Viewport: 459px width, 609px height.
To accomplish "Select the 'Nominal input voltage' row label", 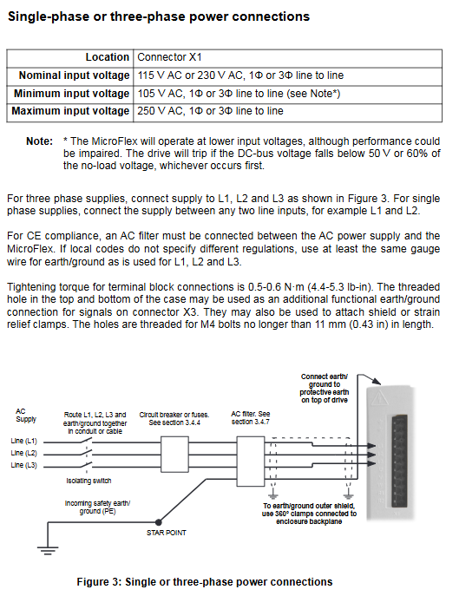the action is coord(74,75).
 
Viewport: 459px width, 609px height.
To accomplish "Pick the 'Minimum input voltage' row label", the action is coord(71,94).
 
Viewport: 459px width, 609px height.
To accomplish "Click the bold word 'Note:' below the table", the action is coord(39,141).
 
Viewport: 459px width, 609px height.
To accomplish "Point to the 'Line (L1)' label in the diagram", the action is coord(23,442).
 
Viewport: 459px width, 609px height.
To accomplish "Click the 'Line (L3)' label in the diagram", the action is coord(23,465).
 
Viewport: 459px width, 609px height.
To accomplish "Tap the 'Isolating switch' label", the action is coord(89,481).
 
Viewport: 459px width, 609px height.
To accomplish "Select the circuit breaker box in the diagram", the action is coord(174,454).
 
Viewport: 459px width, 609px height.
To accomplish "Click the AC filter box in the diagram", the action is coord(251,454).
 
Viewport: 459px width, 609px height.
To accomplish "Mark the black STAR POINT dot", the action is coord(158,522).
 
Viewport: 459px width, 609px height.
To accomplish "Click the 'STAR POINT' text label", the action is coord(167,533).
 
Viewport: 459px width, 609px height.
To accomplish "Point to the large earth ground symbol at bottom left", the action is coord(48,550).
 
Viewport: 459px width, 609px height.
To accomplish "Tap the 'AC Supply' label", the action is coord(26,416).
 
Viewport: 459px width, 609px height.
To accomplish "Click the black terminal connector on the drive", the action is coord(400,461).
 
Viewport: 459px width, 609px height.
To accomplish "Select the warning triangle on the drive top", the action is coord(378,397).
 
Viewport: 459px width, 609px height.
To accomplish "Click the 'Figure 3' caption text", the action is coord(205,582).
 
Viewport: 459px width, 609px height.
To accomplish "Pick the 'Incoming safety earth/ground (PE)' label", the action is coord(97,507).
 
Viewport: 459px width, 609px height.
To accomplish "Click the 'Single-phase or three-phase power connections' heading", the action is coord(159,16).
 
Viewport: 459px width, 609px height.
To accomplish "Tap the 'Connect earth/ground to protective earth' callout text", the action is coord(325,389).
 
